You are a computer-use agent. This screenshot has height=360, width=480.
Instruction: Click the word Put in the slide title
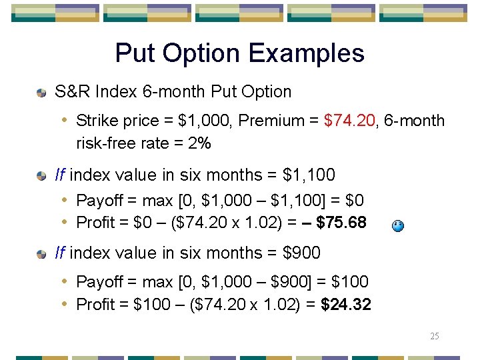137,53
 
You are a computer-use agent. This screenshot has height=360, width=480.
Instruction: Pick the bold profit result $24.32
346,305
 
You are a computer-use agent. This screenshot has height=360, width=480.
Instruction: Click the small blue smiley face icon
397,226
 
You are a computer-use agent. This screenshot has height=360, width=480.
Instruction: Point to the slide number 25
434,336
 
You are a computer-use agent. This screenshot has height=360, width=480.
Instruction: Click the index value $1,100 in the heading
309,175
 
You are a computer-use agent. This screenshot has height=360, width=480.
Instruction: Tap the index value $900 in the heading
302,253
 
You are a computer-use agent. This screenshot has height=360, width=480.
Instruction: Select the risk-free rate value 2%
199,143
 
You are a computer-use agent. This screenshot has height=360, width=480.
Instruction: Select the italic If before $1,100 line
59,175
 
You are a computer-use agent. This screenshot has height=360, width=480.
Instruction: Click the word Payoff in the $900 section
99,282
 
